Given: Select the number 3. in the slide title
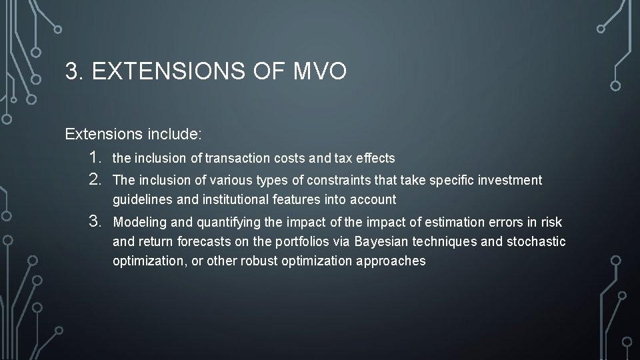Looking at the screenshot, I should coord(75,71).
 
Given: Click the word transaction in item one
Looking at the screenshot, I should coord(237,159).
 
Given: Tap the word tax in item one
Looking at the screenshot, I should coord(327,159).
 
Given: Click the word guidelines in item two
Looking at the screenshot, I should coord(139,199).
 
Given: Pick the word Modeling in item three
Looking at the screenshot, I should coord(139,222).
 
